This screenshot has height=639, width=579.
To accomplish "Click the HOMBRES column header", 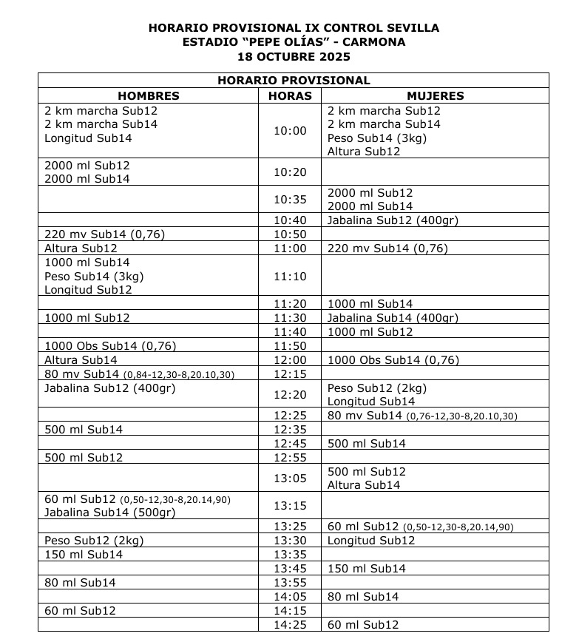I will tap(149, 96).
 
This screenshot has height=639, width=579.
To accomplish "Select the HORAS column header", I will tap(290, 96).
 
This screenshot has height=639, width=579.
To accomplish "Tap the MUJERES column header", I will tap(435, 96).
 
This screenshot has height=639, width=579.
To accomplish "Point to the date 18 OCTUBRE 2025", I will tap(294, 56).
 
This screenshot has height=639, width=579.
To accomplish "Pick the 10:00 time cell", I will tap(290, 131).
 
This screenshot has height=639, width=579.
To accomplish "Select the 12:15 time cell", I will tap(290, 374).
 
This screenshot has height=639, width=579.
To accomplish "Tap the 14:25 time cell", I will tap(290, 625).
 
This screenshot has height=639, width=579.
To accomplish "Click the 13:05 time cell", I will tap(290, 479).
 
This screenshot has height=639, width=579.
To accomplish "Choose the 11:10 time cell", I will tap(290, 277).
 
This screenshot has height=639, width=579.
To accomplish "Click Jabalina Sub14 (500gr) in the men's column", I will tap(109, 513).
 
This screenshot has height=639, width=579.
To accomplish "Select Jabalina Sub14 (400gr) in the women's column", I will tap(393, 318).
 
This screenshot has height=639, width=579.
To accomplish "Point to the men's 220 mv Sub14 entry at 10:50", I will tap(104, 234).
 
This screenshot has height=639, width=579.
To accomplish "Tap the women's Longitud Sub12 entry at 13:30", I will tap(371, 541).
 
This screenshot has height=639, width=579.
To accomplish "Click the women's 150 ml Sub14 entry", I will tap(367, 569).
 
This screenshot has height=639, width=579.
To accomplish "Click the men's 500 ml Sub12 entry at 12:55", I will tap(84, 458).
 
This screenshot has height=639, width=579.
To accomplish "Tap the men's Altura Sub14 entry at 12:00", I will tap(81, 360).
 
